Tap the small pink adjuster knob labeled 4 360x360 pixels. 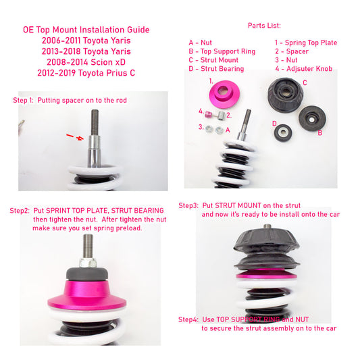coord(208,114)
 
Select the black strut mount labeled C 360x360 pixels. coord(286,95)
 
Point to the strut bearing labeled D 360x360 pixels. coord(283,133)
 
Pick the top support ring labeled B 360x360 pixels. coord(312,118)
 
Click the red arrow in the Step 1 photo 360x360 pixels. coord(75,137)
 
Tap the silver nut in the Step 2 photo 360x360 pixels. coord(88,263)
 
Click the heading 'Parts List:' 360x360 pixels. coord(264,26)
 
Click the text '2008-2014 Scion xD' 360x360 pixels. coord(86,62)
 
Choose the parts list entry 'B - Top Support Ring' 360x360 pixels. coord(222,51)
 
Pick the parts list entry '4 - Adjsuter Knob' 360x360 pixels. coord(304,69)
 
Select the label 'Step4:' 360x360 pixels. coord(188,319)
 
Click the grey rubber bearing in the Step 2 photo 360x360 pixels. coord(87,274)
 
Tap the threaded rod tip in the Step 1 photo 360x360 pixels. coord(95,111)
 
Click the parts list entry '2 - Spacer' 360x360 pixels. coord(292,51)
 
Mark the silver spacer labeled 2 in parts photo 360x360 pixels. coord(221,115)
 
